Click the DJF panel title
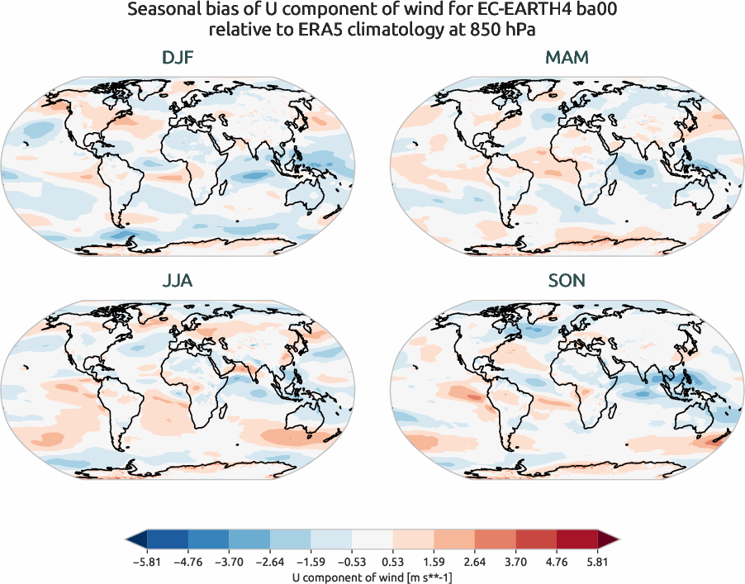pyautogui.click(x=178, y=58)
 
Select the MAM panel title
pyautogui.click(x=567, y=58)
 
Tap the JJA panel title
pyautogui.click(x=178, y=281)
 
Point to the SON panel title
pyautogui.click(x=567, y=281)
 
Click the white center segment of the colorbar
pyautogui.click(x=372, y=540)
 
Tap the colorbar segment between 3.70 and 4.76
pyautogui.click(x=536, y=540)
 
